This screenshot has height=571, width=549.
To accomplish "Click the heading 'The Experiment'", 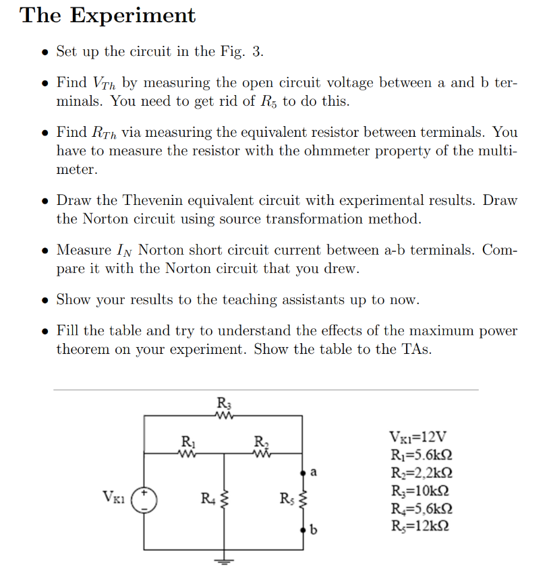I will [108, 16].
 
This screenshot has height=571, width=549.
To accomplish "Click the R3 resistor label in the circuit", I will [223, 404].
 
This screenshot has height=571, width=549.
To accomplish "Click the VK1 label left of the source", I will [113, 499].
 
